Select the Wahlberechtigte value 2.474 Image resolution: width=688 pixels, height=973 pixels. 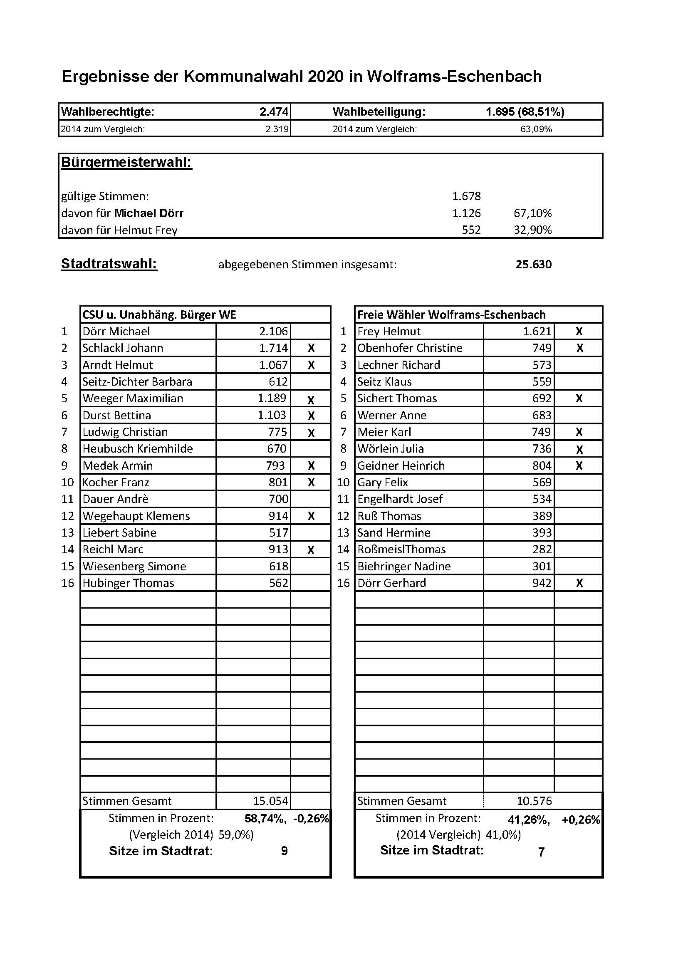(274, 112)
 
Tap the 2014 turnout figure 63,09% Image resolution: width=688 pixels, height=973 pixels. (536, 129)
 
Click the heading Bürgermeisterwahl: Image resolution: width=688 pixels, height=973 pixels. (127, 162)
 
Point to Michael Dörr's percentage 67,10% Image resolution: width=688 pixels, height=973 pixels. (532, 213)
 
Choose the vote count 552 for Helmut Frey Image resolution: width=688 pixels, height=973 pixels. (471, 230)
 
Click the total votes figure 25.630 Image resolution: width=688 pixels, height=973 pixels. (533, 265)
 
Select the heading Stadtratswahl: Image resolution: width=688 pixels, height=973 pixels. (109, 264)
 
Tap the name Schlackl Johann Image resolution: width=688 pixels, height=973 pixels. (123, 348)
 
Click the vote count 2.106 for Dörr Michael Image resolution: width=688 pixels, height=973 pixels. (273, 332)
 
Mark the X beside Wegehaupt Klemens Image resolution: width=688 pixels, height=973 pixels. (311, 516)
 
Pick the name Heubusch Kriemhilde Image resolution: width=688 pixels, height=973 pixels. (138, 448)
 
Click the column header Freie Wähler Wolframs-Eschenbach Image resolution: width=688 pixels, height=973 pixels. (451, 314)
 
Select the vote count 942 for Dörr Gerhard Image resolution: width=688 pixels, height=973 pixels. (542, 583)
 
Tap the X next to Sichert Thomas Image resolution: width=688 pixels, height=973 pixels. (579, 399)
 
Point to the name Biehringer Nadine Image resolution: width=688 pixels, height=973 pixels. (404, 566)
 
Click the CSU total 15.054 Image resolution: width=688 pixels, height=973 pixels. (270, 801)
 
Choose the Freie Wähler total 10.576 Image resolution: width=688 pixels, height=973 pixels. (534, 801)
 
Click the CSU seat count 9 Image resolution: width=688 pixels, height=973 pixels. (284, 851)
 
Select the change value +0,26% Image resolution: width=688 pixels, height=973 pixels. (581, 819)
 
